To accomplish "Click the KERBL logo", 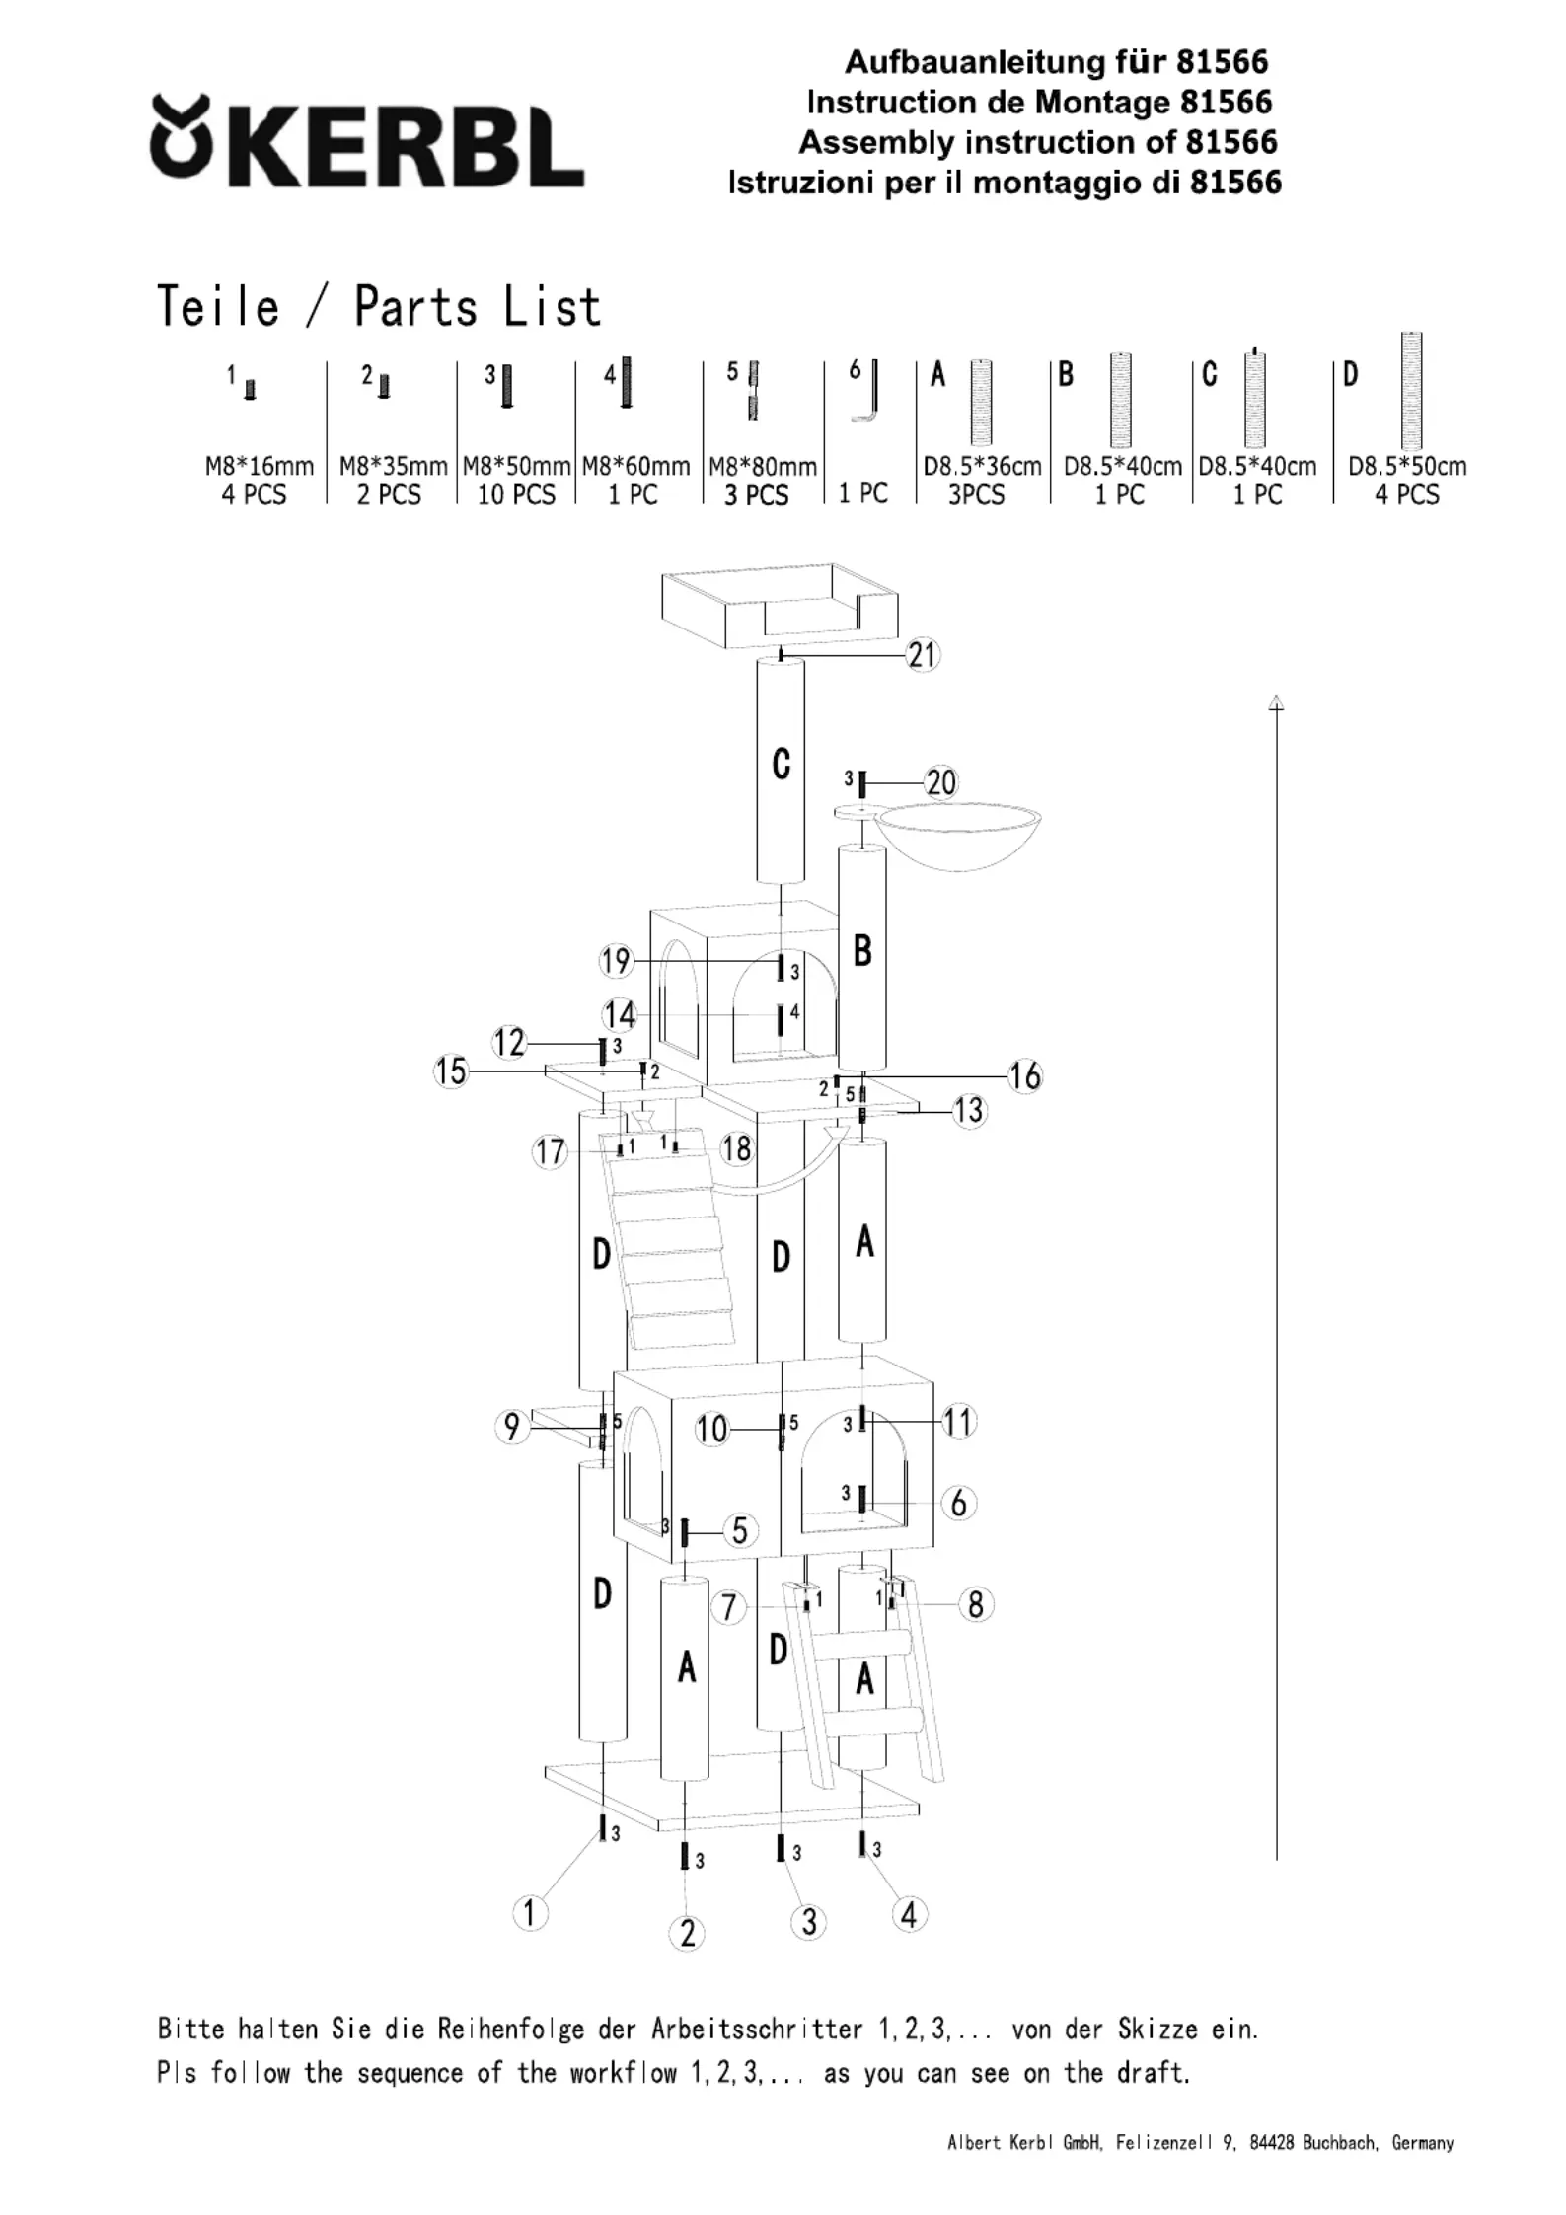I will [x=366, y=142].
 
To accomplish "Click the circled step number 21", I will [x=922, y=654].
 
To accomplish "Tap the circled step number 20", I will [x=940, y=782].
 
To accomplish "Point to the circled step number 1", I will [x=530, y=1913].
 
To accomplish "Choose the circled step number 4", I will [x=909, y=1915].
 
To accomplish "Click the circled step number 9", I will [x=511, y=1427].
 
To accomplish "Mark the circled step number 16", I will [x=1025, y=1075].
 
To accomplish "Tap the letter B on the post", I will [x=862, y=950].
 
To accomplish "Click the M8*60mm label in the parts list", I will [x=635, y=466].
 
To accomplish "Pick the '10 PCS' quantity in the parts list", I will [x=516, y=494].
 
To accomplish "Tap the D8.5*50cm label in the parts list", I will [x=1407, y=466].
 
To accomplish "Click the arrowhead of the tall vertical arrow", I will [x=1276, y=702].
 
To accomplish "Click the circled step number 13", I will [x=969, y=1111].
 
